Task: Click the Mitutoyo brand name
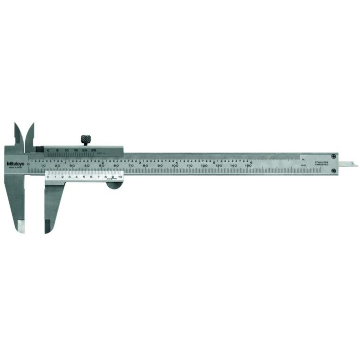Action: [x=15, y=164]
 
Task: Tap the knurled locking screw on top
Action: [x=86, y=139]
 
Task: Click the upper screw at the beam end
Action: [x=334, y=156]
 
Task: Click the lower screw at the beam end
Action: [x=334, y=171]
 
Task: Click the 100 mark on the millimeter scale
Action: [x=175, y=165]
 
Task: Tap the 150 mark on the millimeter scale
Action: [x=248, y=165]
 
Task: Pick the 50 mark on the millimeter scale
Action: [x=102, y=165]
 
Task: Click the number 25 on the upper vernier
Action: [x=94, y=150]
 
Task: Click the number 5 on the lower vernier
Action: [x=84, y=177]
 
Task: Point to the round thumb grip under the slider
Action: [x=115, y=185]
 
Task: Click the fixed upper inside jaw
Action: [x=18, y=134]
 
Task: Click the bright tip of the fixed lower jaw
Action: [x=21, y=227]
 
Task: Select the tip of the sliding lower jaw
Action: [x=47, y=227]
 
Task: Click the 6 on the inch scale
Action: [x=251, y=162]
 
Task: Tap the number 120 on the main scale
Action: [x=204, y=165]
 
